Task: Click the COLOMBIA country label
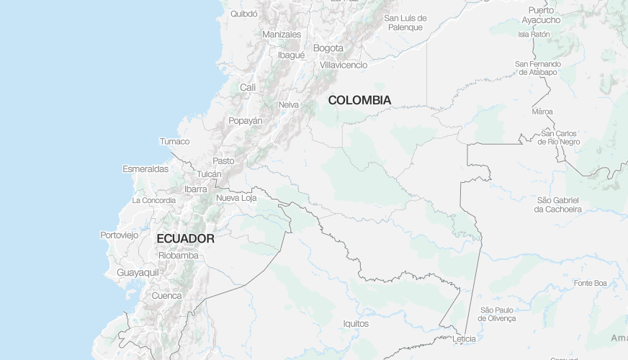pyautogui.click(x=359, y=100)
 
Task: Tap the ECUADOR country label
pyautogui.click(x=185, y=238)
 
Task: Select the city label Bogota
pyautogui.click(x=328, y=48)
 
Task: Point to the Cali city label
pyautogui.click(x=248, y=87)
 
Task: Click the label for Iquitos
pyautogui.click(x=356, y=324)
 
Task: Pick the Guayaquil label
pyautogui.click(x=138, y=273)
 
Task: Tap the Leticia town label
pyautogui.click(x=465, y=338)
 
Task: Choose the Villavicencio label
pyautogui.click(x=344, y=65)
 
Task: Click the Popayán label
pyautogui.click(x=246, y=121)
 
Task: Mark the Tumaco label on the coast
pyautogui.click(x=174, y=141)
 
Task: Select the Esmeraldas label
pyautogui.click(x=145, y=169)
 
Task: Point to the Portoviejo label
pyautogui.click(x=119, y=235)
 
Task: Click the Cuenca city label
pyautogui.click(x=166, y=296)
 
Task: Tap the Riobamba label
pyautogui.click(x=178, y=255)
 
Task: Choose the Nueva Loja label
pyautogui.click(x=236, y=198)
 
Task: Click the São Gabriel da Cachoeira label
pyautogui.click(x=557, y=204)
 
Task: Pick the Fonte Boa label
pyautogui.click(x=591, y=283)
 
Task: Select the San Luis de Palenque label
pyautogui.click(x=405, y=23)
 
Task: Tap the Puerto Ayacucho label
pyautogui.click(x=541, y=15)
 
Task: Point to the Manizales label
pyautogui.click(x=282, y=35)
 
